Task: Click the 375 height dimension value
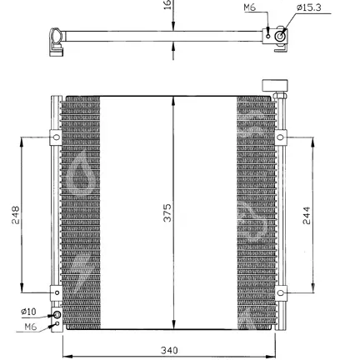click(x=167, y=213)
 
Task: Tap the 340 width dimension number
click(x=169, y=350)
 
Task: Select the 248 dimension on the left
click(x=16, y=215)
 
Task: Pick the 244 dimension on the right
click(x=307, y=215)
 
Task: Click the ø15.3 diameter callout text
click(x=309, y=7)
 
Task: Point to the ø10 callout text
click(x=28, y=312)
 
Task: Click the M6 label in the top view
click(x=249, y=7)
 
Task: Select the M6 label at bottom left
click(x=31, y=327)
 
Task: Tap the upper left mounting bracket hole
click(x=57, y=137)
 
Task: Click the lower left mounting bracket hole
click(x=57, y=292)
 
